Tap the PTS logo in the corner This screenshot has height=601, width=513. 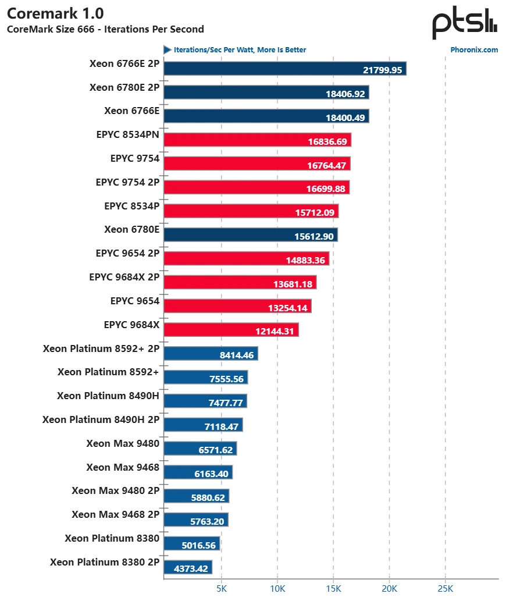point(464,23)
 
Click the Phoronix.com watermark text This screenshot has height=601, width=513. point(474,50)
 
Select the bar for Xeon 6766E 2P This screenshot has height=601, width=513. point(285,69)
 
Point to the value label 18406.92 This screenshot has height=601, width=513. point(344,93)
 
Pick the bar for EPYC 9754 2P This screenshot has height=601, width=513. point(256,187)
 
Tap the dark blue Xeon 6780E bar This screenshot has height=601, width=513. point(251,235)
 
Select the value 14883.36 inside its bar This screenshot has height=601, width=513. point(305,260)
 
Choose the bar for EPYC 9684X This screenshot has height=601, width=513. point(231,330)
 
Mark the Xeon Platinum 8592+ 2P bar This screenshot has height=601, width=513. point(211,354)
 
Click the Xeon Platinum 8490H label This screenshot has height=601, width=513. point(108,396)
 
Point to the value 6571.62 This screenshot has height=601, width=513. point(213,450)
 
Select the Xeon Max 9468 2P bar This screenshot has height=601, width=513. point(196,520)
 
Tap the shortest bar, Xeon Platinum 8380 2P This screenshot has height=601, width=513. point(188,567)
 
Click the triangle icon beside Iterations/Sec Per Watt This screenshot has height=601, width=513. point(168,50)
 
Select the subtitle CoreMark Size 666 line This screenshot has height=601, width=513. point(105,29)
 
